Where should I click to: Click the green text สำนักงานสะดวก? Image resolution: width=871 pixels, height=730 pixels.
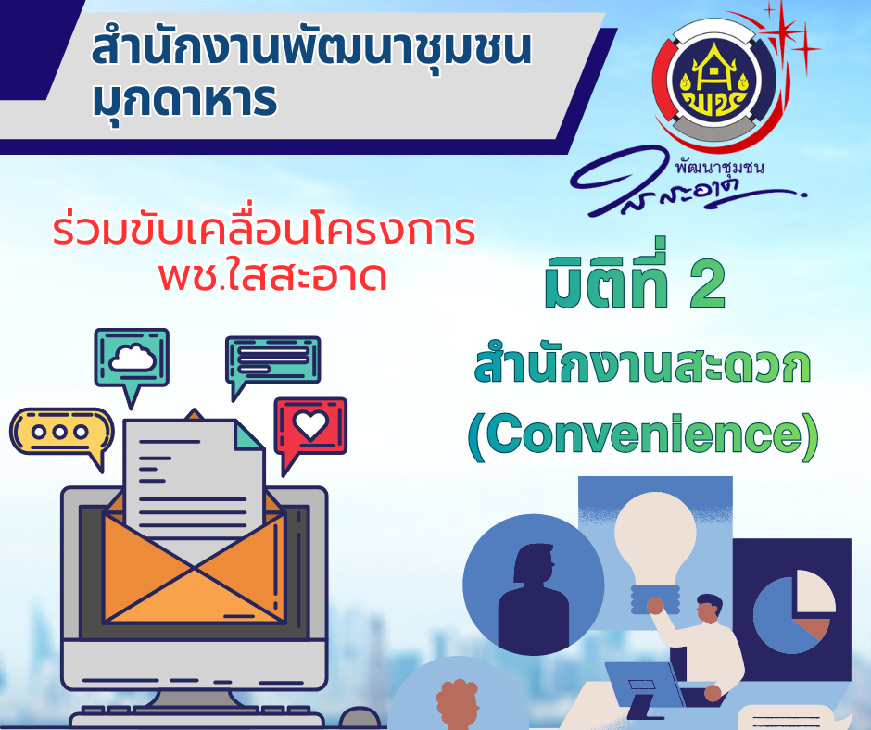click(642, 366)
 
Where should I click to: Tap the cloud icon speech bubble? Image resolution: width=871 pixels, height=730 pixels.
click(131, 359)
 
